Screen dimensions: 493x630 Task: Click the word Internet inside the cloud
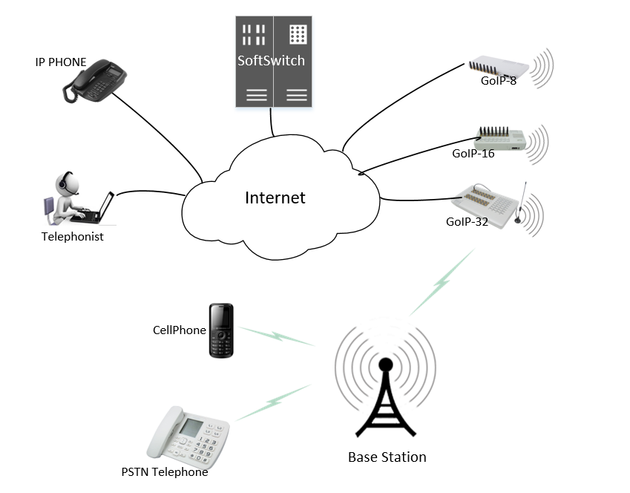[275, 197]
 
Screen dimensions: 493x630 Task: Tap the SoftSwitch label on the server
[271, 61]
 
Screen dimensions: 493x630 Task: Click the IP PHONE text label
[61, 62]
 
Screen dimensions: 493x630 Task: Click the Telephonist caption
[73, 237]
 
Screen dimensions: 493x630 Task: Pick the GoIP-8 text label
[498, 80]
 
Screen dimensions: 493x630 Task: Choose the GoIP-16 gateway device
[502, 137]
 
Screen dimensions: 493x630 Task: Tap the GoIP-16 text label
[473, 154]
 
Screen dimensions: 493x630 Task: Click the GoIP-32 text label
[467, 221]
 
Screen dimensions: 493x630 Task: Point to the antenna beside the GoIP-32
[523, 204]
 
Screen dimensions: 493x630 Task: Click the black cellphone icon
[221, 330]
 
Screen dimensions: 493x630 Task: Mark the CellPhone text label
[179, 330]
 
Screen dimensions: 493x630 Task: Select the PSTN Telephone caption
[165, 471]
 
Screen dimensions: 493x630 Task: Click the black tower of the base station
[385, 405]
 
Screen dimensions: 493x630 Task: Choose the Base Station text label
[387, 457]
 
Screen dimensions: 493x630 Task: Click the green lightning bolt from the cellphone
[276, 336]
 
